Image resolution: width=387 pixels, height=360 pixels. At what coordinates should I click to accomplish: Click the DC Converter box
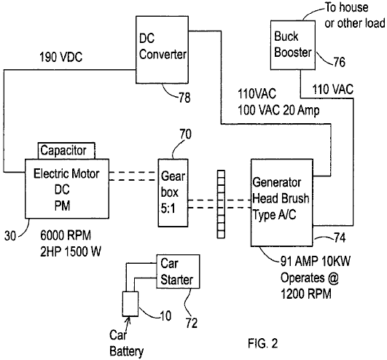(162, 50)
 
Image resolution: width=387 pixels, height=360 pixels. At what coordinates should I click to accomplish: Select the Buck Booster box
(293, 45)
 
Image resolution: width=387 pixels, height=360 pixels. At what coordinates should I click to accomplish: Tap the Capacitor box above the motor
(66, 151)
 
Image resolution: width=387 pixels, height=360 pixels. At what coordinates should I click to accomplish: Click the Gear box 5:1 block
(173, 192)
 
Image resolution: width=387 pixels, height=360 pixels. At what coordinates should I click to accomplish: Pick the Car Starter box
(178, 271)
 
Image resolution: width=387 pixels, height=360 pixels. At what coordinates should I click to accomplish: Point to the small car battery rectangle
(130, 304)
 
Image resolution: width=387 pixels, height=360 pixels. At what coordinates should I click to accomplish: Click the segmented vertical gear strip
(221, 204)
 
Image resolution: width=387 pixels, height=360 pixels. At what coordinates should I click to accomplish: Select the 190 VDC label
(61, 58)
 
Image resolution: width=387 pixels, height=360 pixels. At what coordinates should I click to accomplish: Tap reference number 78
(184, 98)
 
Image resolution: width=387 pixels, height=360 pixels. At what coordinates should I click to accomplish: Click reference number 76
(339, 62)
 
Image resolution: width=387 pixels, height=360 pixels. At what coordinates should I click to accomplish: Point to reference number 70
(185, 134)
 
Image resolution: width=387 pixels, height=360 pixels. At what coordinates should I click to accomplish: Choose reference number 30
(10, 235)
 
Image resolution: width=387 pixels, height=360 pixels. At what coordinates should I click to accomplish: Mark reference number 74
(340, 238)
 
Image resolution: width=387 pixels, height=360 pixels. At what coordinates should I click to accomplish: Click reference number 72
(192, 323)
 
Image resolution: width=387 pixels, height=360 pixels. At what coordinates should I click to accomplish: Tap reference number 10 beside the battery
(165, 316)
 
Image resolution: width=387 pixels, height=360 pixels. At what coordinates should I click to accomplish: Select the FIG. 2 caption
(263, 343)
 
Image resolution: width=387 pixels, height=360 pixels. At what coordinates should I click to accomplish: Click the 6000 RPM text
(66, 235)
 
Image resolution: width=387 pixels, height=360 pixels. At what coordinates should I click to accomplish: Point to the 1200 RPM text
(306, 294)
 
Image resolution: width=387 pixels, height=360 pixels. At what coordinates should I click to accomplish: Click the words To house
(346, 7)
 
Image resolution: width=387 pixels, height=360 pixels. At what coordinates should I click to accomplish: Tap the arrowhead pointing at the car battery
(129, 320)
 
